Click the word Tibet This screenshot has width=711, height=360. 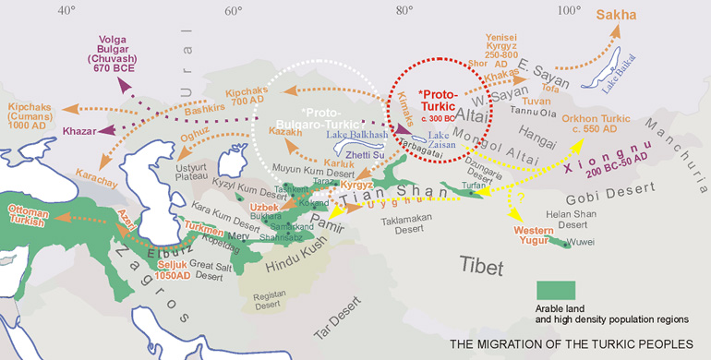click(x=481, y=268)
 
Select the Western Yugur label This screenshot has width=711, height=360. click(x=527, y=234)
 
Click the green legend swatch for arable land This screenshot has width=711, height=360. click(x=555, y=294)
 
